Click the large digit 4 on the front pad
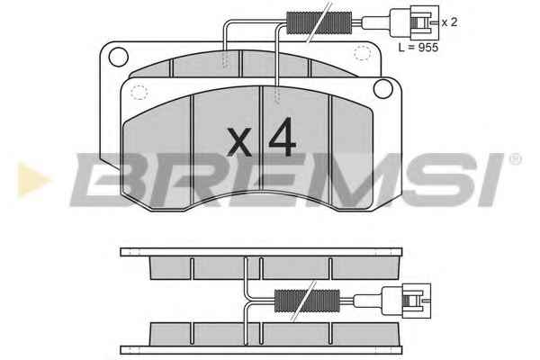[283, 137]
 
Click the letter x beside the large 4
[239, 141]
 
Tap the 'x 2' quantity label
[449, 22]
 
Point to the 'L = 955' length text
[418, 47]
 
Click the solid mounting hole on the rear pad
[118, 57]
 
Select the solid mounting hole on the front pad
[383, 88]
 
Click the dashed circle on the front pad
[139, 93]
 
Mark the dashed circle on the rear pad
[362, 53]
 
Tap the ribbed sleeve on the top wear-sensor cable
[319, 23]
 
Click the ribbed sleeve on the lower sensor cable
[307, 301]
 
